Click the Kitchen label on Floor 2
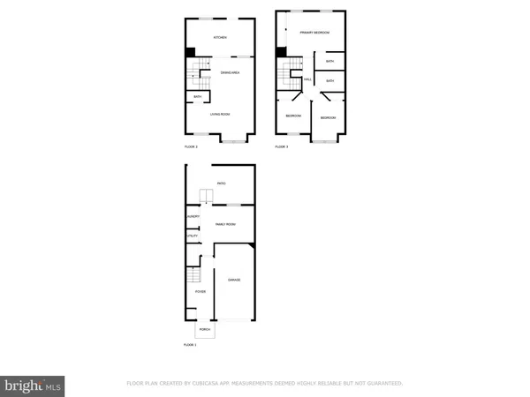tap(220, 38)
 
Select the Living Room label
tap(220, 114)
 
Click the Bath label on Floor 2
tap(198, 97)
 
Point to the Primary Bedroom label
tap(314, 33)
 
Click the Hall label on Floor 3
tap(307, 80)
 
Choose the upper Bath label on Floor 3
tap(329, 62)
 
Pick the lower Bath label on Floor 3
tap(329, 81)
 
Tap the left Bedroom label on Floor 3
tap(293, 116)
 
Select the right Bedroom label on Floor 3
tap(328, 117)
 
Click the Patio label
tap(222, 184)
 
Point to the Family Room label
tap(226, 225)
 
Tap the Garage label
tap(234, 280)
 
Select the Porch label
tap(204, 330)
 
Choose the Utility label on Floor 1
tap(191, 236)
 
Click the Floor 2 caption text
tap(191, 146)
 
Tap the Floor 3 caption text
tap(282, 146)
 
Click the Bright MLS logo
tap(34, 385)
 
